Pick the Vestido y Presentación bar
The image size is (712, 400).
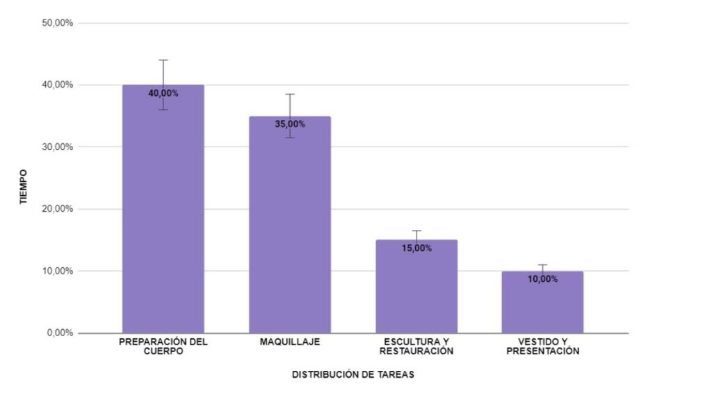click(543, 306)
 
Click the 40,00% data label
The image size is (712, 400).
click(163, 93)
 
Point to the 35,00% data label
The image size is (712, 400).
click(290, 124)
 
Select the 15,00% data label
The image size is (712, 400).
click(416, 248)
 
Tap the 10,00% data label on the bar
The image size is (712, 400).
click(543, 279)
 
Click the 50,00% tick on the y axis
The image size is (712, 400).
click(58, 23)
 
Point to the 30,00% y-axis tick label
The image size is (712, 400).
click(58, 147)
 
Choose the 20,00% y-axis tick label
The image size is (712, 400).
click(58, 208)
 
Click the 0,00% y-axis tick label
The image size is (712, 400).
click(60, 333)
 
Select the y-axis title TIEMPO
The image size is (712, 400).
click(23, 185)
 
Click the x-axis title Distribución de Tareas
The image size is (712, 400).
click(353, 374)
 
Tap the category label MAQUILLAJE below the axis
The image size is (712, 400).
click(290, 342)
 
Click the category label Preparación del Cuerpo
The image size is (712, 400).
click(163, 347)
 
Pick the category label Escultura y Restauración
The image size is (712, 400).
click(416, 347)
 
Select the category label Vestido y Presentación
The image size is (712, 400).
click(543, 347)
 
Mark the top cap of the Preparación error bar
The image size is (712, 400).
click(163, 60)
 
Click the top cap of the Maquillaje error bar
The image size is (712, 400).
click(290, 94)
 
